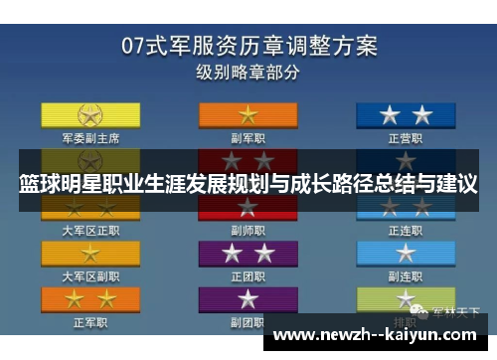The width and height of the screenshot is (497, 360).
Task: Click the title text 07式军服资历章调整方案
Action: pos(248,46)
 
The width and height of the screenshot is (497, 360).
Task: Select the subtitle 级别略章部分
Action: pos(248,72)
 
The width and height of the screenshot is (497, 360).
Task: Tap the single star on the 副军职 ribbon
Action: pos(247,113)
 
